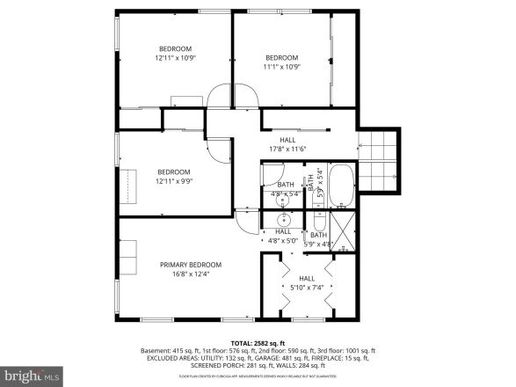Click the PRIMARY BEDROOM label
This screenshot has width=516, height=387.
190,265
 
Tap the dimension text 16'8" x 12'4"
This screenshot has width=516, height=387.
190,274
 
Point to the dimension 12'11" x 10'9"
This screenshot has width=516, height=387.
174,58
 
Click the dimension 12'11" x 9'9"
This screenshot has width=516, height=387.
174,181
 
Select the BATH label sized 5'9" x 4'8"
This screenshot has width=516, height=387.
317,239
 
